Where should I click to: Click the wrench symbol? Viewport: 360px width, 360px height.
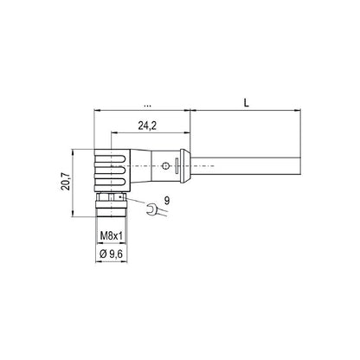[151, 209]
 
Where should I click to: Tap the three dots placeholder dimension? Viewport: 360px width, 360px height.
[145, 104]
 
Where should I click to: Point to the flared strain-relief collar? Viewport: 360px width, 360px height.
[177, 164]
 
